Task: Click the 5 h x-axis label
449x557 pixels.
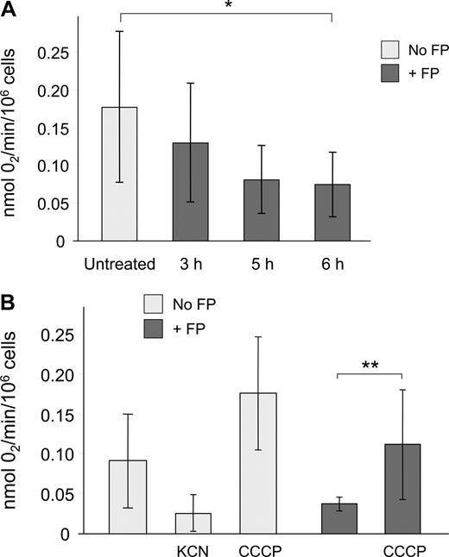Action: point(262,261)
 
